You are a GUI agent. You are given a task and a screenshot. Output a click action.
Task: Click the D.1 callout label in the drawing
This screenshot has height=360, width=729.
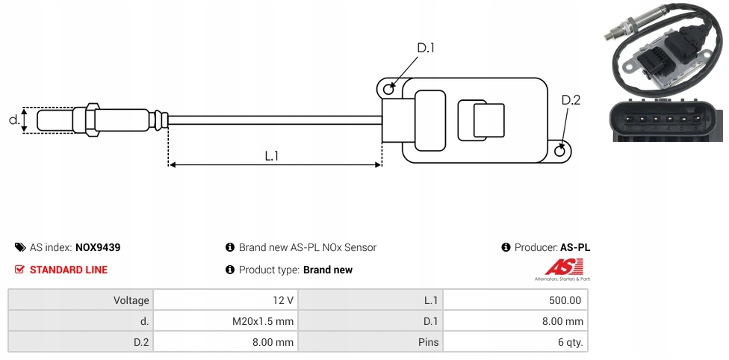pyautogui.click(x=426, y=48)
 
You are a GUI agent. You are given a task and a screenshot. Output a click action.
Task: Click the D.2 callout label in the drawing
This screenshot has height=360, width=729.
pyautogui.click(x=571, y=100)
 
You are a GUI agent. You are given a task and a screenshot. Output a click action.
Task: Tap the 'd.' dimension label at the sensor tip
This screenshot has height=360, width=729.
pyautogui.click(x=13, y=120)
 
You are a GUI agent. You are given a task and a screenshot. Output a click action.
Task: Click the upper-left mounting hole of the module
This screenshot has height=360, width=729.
pyautogui.click(x=388, y=90)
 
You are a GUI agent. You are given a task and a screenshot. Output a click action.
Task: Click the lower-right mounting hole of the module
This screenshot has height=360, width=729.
pyautogui.click(x=561, y=151)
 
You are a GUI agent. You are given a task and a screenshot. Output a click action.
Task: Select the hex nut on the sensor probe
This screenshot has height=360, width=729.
pyautogui.click(x=93, y=120)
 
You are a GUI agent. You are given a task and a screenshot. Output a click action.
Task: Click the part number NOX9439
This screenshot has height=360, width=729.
pyautogui.click(x=98, y=247)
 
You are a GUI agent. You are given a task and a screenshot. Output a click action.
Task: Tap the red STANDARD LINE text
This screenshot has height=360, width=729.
pyautogui.click(x=69, y=270)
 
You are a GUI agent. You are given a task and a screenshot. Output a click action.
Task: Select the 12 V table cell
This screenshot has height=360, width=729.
pyautogui.click(x=283, y=300)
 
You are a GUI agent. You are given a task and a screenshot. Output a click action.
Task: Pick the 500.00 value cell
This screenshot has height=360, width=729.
pyautogui.click(x=565, y=300)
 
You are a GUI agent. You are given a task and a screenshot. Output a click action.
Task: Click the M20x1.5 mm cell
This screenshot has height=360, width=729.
pyautogui.click(x=264, y=321)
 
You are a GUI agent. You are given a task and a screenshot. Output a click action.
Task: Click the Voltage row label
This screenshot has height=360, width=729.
pyautogui.click(x=131, y=300)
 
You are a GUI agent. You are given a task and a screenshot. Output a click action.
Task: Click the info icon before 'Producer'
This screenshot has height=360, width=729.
pyautogui.click(x=506, y=247)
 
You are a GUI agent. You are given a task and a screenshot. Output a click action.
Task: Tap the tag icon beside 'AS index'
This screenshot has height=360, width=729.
pyautogui.click(x=20, y=247)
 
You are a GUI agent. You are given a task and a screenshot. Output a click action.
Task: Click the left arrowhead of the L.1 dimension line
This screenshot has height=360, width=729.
pyautogui.click(x=172, y=164)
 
